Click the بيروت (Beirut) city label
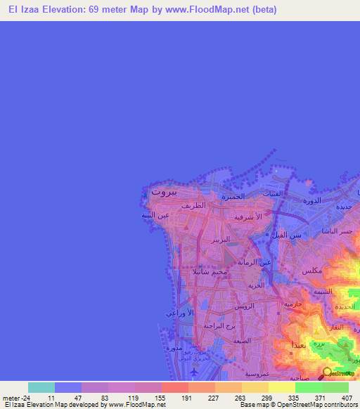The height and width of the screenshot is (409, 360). click(x=164, y=190)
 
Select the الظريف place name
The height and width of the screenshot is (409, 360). click(x=192, y=207)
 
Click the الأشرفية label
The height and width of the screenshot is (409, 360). click(x=248, y=218)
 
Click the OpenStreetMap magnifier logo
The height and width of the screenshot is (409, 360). click(x=327, y=372)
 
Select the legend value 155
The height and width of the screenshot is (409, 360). click(x=161, y=396)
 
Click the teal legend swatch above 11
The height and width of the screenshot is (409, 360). click(x=41, y=387)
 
